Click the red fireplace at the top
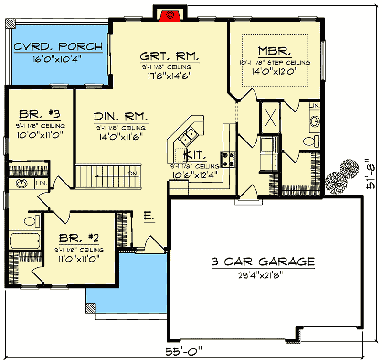170,16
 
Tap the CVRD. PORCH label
58,46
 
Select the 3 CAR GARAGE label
263,262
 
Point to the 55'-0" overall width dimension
184,351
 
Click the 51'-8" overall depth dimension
371,174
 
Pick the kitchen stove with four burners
228,160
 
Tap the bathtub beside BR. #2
25,241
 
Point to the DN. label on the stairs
133,174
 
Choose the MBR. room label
275,51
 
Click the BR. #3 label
40,114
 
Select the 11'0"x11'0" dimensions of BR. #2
79,259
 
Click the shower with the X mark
270,118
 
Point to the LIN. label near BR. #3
42,183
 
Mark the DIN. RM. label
121,117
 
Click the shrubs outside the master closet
342,176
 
